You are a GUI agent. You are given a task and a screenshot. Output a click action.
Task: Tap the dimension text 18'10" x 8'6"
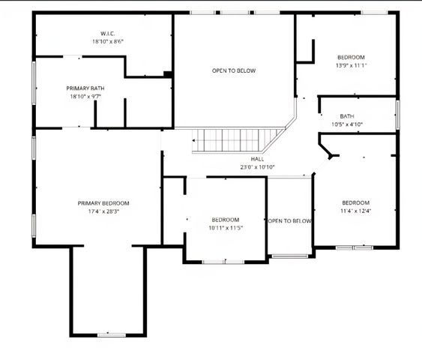(x=107, y=41)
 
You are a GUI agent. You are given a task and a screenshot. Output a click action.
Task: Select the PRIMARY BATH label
(x=85, y=88)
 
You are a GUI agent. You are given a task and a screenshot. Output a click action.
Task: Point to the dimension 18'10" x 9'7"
(x=85, y=97)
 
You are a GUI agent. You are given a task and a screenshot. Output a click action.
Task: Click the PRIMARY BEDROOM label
(x=103, y=203)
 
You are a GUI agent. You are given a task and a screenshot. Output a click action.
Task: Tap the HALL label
(x=257, y=159)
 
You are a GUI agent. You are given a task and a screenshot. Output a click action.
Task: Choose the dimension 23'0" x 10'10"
(x=257, y=166)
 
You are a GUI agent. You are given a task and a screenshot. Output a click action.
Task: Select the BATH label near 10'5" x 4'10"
(x=347, y=116)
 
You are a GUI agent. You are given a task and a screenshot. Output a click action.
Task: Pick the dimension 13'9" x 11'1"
(x=351, y=65)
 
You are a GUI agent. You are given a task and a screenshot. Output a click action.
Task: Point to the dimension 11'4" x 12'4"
(x=355, y=211)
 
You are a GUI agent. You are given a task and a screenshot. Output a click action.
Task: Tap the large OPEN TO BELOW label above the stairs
(x=233, y=70)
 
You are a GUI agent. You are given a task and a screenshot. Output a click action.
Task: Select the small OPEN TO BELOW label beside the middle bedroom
(x=289, y=221)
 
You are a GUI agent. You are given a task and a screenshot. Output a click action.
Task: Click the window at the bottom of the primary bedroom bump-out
(x=109, y=334)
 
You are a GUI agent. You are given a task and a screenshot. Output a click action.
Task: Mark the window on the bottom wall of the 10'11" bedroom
(x=224, y=261)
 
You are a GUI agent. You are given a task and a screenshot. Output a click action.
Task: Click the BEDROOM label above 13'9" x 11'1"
(x=351, y=58)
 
